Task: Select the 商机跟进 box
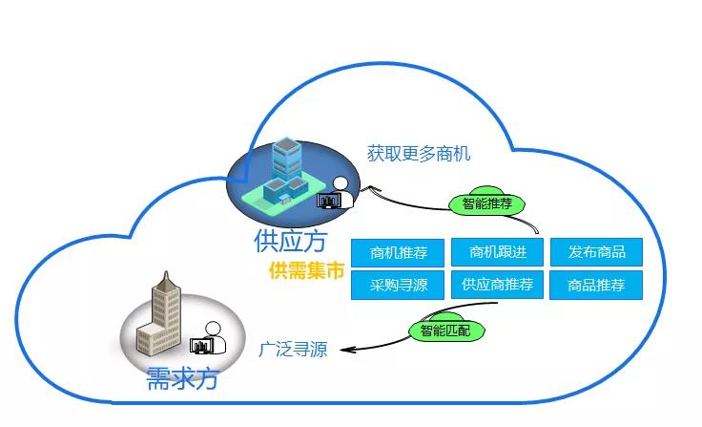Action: point(496,252)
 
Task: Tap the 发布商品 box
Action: point(597,252)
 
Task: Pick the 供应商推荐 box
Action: point(496,284)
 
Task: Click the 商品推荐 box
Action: point(597,284)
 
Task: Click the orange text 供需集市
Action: point(306,271)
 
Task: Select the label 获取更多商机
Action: point(419,153)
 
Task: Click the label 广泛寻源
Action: point(293,350)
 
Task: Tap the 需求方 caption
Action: point(182,377)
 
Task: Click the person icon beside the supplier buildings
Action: point(341,191)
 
